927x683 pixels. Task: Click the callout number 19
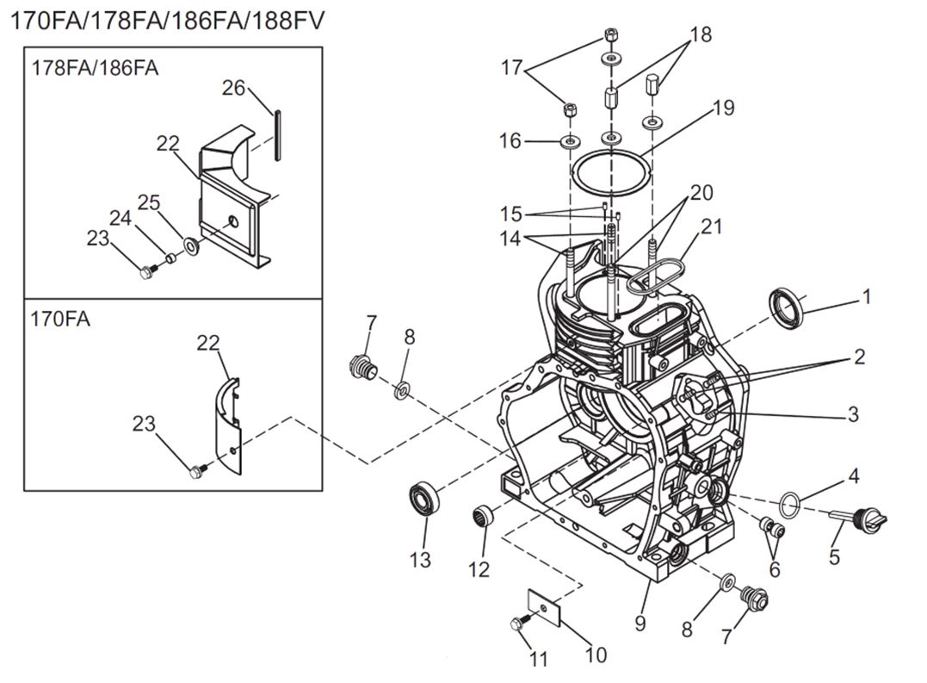point(723,108)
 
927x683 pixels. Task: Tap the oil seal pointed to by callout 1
point(785,309)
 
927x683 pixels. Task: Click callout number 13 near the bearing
point(420,559)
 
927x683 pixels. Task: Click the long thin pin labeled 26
point(277,133)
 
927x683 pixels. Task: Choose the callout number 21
point(711,227)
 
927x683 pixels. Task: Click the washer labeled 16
point(568,140)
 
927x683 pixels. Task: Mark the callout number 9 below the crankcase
point(640,622)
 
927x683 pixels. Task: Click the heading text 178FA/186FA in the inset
point(96,67)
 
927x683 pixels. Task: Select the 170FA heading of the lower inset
point(60,319)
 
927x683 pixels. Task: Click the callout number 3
point(852,414)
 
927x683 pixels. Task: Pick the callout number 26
point(234,88)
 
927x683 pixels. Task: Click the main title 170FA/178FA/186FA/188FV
point(168,20)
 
